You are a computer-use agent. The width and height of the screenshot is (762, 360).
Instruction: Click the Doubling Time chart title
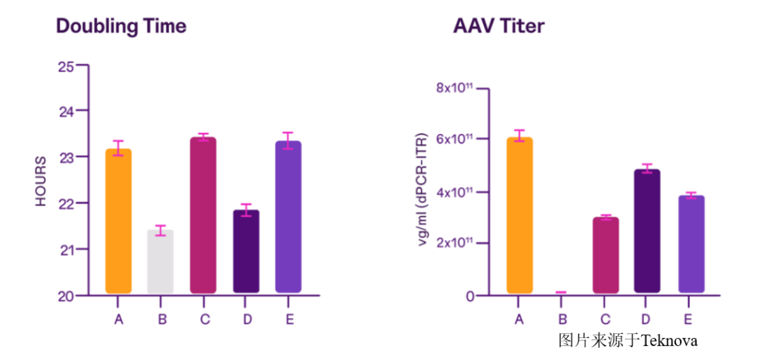click(121, 26)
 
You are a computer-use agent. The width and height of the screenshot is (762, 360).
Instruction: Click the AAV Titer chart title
click(498, 26)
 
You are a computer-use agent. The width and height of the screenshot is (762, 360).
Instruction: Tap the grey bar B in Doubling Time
click(161, 261)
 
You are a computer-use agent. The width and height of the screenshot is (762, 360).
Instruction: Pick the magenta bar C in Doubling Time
click(204, 215)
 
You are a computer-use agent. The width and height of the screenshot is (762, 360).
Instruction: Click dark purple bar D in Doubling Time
click(246, 251)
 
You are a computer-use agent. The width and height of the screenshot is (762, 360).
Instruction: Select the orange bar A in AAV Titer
click(519, 215)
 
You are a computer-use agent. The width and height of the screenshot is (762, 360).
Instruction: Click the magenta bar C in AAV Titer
click(605, 255)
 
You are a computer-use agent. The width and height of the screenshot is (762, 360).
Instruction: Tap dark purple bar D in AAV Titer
click(647, 231)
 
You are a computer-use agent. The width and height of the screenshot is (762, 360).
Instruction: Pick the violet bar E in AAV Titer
click(691, 244)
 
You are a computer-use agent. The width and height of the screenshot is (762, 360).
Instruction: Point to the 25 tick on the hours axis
click(66, 66)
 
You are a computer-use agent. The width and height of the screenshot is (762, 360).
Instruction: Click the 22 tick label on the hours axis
click(66, 203)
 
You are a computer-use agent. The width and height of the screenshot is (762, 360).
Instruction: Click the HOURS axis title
click(42, 181)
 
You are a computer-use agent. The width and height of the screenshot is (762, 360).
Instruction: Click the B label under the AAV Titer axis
click(562, 320)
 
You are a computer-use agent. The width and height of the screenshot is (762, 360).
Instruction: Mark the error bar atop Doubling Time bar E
click(289, 140)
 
